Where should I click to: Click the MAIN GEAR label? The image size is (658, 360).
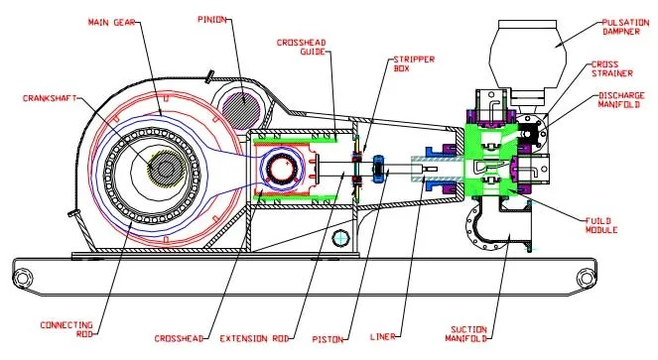pyautogui.click(x=111, y=22)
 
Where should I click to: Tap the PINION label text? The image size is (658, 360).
pyautogui.click(x=212, y=19)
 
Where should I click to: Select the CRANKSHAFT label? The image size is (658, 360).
pyautogui.click(x=50, y=98)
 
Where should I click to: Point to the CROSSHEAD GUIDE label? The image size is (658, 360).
pyautogui.click(x=301, y=47)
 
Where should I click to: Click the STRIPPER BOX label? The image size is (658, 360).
pyautogui.click(x=414, y=63)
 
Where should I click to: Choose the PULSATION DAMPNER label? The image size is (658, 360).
pyautogui.click(x=625, y=27)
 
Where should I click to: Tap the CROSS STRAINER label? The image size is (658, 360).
pyautogui.click(x=611, y=68)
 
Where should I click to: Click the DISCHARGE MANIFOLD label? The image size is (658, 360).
pyautogui.click(x=621, y=100)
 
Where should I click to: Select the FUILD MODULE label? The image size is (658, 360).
pyautogui.click(x=601, y=225)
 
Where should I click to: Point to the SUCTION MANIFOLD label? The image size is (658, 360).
pyautogui.click(x=468, y=334)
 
